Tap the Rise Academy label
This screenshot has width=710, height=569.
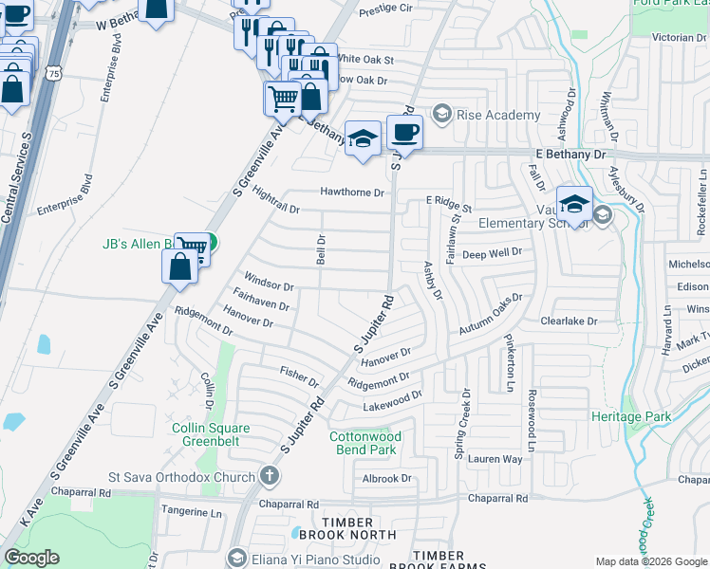(498, 115)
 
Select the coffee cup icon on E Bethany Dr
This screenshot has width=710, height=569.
(404, 134)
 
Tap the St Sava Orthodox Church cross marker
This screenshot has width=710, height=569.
(269, 476)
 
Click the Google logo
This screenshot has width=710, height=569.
(31, 558)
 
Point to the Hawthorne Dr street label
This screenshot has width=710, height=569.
(352, 193)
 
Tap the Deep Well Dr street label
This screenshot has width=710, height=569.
(492, 254)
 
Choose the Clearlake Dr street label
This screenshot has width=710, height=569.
(569, 321)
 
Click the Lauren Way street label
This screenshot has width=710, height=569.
(495, 459)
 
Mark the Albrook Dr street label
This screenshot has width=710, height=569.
(387, 479)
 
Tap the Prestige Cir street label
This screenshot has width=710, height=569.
(387, 8)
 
